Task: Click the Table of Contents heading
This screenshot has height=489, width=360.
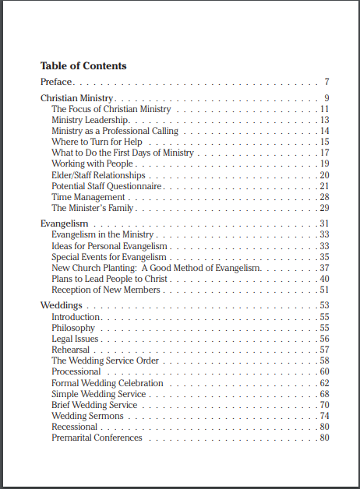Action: click(x=83, y=65)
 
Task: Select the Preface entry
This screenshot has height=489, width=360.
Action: click(x=56, y=82)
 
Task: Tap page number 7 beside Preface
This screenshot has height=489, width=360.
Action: click(x=326, y=82)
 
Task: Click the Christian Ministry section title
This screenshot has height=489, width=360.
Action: click(x=77, y=98)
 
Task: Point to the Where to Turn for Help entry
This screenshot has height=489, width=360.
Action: click(x=97, y=142)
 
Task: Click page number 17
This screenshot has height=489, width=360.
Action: click(x=324, y=153)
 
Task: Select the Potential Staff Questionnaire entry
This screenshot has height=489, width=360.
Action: click(x=106, y=186)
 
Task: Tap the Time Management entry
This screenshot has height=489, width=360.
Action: click(x=88, y=197)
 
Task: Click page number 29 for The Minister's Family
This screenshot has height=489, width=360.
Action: click(x=324, y=208)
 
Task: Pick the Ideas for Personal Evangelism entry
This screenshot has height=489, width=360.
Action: click(x=106, y=246)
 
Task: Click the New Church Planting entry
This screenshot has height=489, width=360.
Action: click(x=156, y=268)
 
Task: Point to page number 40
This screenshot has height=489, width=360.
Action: click(x=324, y=279)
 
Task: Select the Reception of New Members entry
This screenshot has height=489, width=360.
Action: click(x=105, y=290)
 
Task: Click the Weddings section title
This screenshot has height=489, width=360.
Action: click(x=62, y=305)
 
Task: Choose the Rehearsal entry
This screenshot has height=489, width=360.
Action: click(x=69, y=350)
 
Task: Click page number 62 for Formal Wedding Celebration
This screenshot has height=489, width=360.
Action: click(x=324, y=383)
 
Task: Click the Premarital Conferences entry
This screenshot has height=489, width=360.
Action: click(x=97, y=438)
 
